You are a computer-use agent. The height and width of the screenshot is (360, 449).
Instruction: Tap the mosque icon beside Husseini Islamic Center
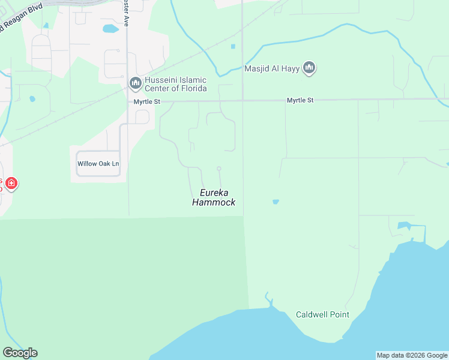[135, 82]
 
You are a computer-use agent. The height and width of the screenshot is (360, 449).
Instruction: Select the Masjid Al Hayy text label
[272, 68]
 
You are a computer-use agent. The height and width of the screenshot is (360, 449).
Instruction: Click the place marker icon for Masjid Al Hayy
[309, 68]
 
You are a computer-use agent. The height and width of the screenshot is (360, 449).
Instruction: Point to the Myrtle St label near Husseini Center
[147, 102]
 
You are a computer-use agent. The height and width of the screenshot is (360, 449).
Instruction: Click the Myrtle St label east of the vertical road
[300, 100]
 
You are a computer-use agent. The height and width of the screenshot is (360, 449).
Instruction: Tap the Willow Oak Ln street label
[98, 164]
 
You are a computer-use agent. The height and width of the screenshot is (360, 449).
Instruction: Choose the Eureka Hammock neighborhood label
[214, 197]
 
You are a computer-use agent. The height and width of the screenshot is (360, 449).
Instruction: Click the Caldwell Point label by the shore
[322, 314]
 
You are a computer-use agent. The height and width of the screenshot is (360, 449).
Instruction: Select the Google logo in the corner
[20, 353]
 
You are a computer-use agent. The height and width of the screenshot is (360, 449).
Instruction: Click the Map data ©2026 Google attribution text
[412, 355]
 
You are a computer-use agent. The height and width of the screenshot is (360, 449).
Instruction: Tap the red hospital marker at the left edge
[11, 183]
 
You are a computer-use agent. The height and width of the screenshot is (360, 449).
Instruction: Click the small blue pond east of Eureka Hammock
[276, 202]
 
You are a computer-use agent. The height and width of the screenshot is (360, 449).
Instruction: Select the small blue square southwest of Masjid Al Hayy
[233, 46]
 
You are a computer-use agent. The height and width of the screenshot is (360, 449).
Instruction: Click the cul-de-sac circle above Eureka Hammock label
[219, 169]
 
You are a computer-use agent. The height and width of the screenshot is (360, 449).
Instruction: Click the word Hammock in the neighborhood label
[214, 203]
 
